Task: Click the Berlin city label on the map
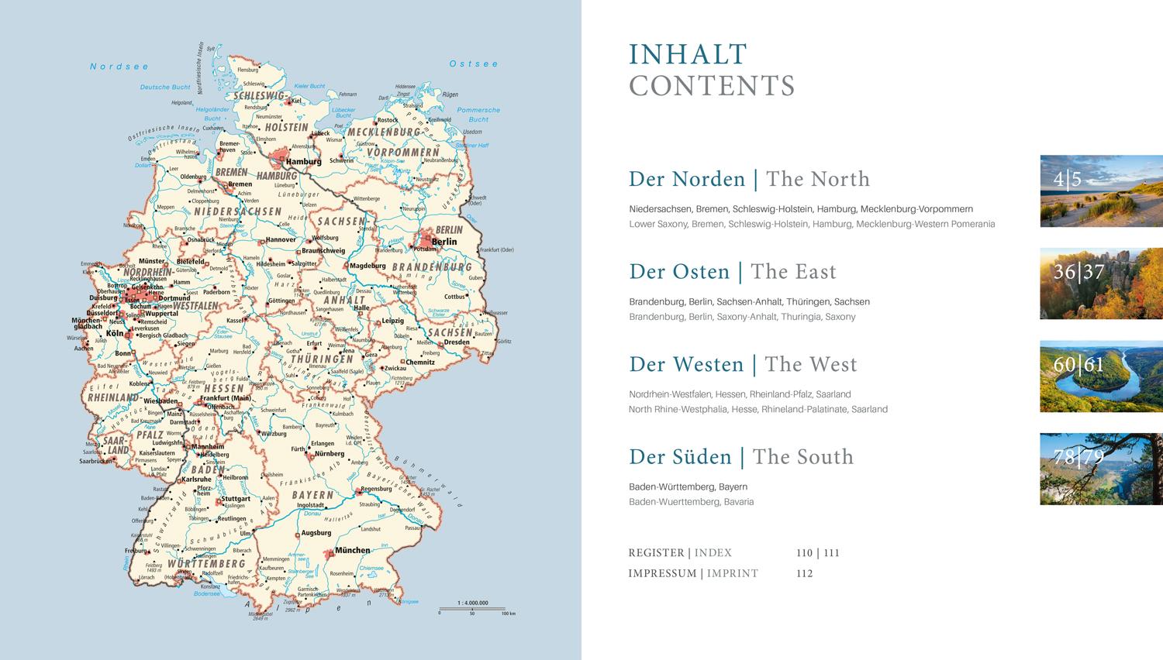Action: (444, 242)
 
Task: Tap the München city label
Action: (352, 551)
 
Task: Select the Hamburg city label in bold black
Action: (303, 162)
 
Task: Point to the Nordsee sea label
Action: (119, 67)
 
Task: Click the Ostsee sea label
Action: (474, 64)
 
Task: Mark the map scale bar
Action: (472, 610)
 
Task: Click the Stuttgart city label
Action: (236, 500)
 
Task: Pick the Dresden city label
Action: (457, 342)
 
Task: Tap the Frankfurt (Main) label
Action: (226, 398)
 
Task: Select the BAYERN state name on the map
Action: (312, 495)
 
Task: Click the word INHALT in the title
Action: (688, 55)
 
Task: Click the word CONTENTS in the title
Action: (712, 86)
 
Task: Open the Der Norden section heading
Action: (686, 179)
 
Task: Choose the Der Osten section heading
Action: (679, 272)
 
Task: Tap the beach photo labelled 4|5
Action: (1101, 191)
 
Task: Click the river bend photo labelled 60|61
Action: (1101, 376)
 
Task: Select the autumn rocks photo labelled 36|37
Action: (1101, 284)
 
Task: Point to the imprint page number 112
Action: (804, 574)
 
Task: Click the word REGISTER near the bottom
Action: (656, 553)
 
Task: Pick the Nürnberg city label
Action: (329, 454)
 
